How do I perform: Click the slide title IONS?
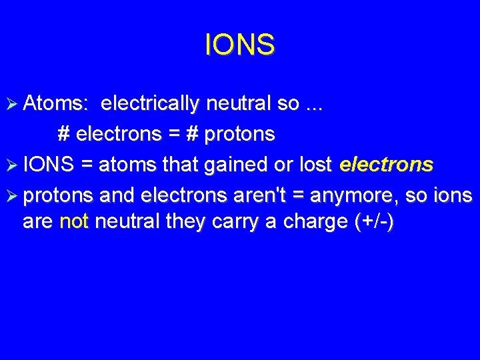239,45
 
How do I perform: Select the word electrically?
150,103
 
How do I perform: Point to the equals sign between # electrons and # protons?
173,134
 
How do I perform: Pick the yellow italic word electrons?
386,165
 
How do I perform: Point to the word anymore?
351,195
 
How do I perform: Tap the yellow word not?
74,221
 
